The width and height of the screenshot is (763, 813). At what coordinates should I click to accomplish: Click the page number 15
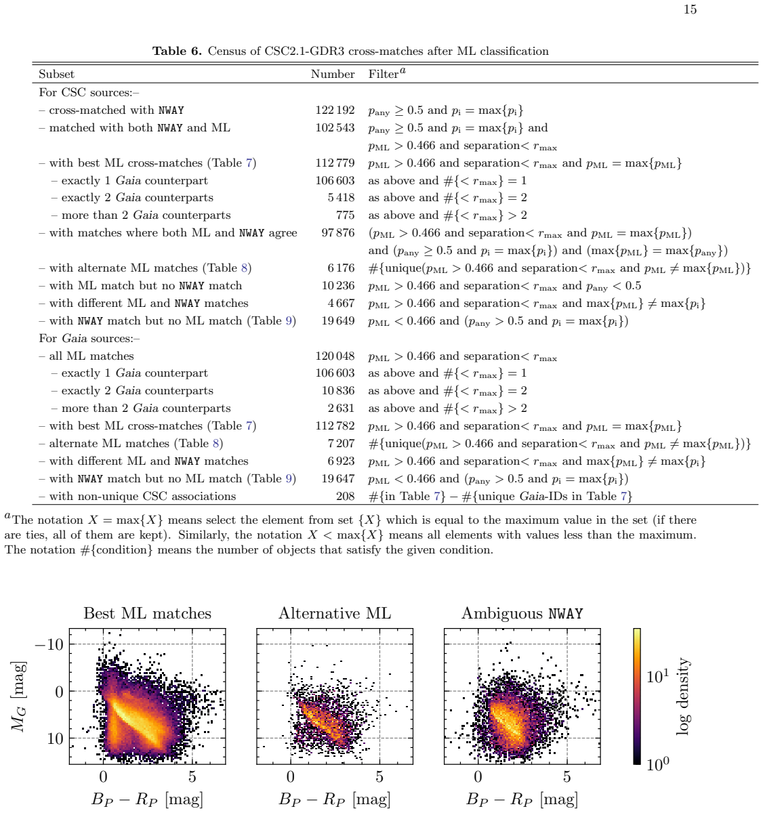tap(690, 9)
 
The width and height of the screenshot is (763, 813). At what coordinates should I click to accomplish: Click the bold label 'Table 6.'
tap(177, 51)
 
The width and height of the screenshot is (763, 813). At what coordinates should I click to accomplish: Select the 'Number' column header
tap(333, 74)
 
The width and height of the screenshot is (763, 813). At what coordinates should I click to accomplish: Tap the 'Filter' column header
tap(387, 73)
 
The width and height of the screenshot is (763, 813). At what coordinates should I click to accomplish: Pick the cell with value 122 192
tap(335, 110)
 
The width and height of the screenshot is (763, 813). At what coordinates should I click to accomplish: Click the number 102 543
tap(335, 128)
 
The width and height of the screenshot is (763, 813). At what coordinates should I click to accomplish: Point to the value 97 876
tap(338, 233)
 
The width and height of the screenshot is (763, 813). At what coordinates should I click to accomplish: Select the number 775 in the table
tap(346, 215)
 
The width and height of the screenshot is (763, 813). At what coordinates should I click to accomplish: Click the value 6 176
tap(341, 268)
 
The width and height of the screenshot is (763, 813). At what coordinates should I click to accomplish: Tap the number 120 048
tap(335, 356)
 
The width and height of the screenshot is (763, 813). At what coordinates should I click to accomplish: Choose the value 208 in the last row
tap(346, 497)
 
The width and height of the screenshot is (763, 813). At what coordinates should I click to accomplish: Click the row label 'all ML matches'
tap(91, 356)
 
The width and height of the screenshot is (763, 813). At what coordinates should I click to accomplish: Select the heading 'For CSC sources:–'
tap(89, 93)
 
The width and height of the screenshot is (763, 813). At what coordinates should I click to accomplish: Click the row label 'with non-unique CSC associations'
tap(142, 497)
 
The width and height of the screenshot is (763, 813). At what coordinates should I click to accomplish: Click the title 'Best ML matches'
tap(148, 613)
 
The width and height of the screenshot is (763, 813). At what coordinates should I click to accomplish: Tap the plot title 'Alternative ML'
tap(335, 613)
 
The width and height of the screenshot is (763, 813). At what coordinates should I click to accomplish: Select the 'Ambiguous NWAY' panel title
tap(522, 613)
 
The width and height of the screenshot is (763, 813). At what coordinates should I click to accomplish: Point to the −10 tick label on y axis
tap(49, 645)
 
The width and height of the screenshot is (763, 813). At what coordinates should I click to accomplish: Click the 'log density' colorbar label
tap(682, 696)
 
